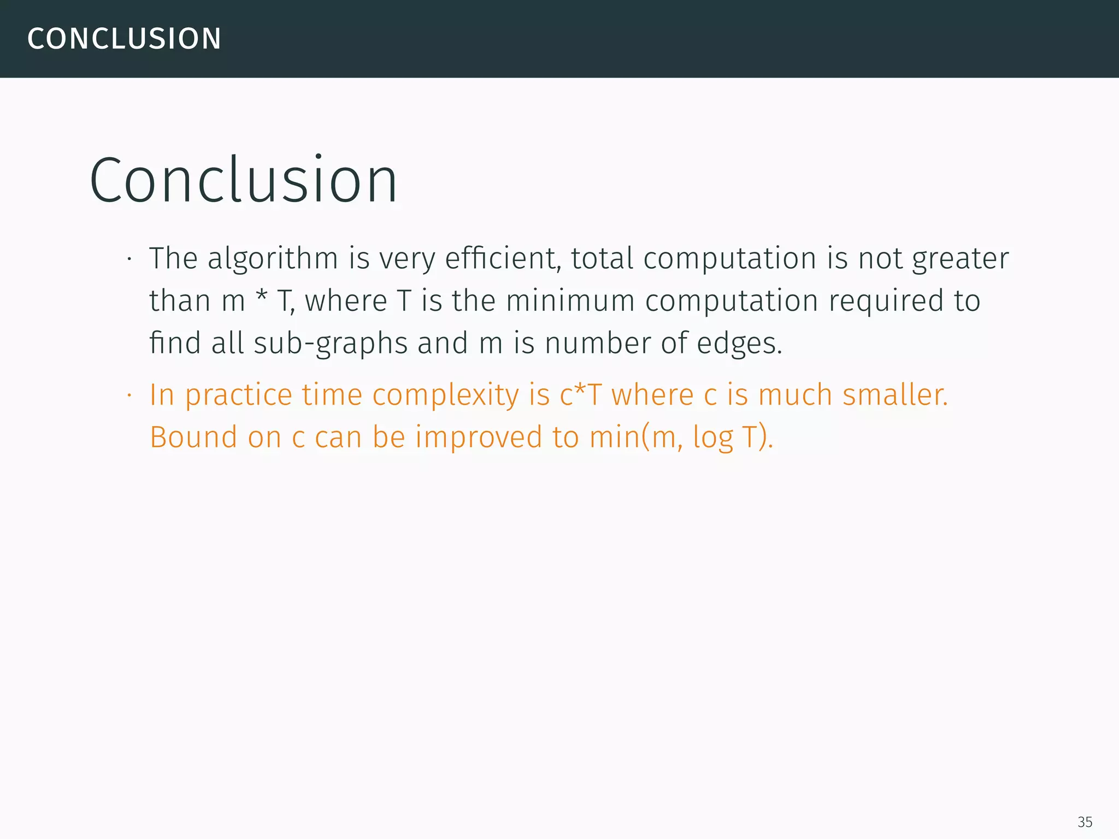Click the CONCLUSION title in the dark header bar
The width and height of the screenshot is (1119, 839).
coord(124,39)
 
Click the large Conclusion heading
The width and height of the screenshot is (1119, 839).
coord(243,180)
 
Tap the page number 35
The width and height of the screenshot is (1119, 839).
coord(1085,822)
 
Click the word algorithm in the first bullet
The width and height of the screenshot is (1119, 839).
coord(273,258)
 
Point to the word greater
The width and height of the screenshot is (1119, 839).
coord(960,259)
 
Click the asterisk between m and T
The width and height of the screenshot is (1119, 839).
coord(261,298)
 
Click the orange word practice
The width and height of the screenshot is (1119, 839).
coord(238,395)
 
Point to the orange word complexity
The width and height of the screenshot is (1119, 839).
coord(445,395)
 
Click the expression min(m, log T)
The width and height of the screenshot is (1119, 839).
coord(681,438)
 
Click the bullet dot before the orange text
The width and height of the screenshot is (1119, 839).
coord(129,396)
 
